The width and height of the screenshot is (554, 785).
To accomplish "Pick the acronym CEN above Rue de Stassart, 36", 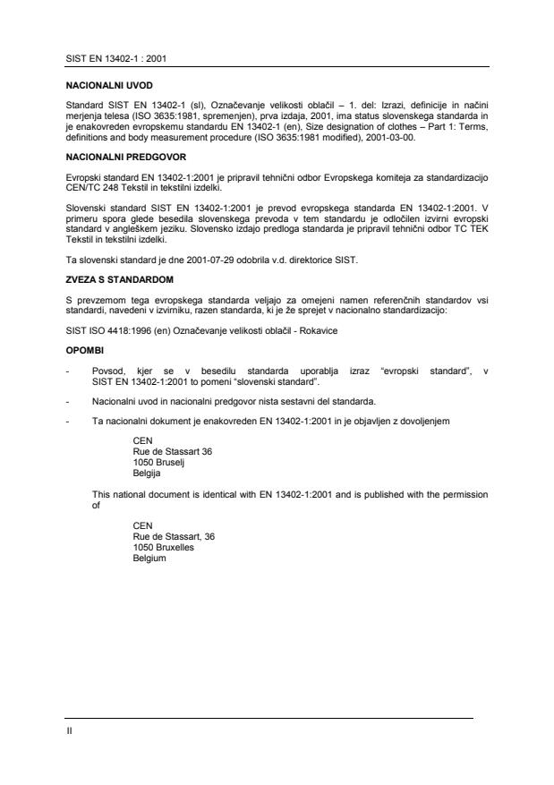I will tap(142, 526).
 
